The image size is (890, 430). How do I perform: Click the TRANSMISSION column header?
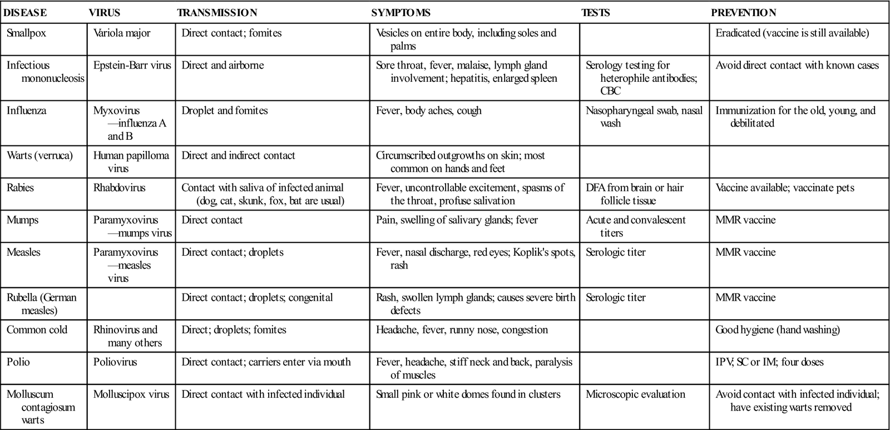(x=217, y=13)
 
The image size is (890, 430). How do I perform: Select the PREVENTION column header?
(x=743, y=13)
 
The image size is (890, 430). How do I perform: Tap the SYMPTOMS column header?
(x=400, y=13)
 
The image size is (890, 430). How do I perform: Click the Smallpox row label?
(x=26, y=33)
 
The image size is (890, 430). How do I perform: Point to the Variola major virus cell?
(x=122, y=33)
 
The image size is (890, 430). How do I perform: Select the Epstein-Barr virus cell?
(x=132, y=66)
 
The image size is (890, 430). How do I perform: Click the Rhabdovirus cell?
(x=119, y=188)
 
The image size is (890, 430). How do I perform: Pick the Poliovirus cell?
(x=116, y=363)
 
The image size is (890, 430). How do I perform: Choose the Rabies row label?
(x=20, y=188)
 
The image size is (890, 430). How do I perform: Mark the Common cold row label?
(x=37, y=330)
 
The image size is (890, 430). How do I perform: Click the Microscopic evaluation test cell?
(x=635, y=395)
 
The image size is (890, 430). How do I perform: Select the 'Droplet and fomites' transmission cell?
(x=225, y=111)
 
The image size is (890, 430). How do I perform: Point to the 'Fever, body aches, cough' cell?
(x=428, y=111)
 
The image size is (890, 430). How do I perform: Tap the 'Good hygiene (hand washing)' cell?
(x=778, y=330)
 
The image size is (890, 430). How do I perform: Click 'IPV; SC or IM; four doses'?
(x=769, y=363)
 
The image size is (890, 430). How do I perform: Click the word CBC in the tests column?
(x=610, y=91)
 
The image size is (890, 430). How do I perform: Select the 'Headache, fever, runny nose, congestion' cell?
(x=462, y=330)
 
